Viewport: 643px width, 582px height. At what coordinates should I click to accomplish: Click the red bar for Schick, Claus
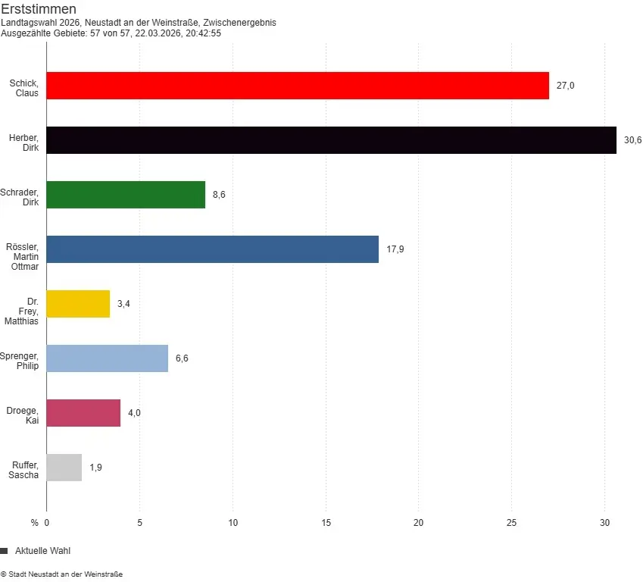click(x=298, y=86)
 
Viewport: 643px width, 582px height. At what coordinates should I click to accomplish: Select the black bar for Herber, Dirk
click(x=331, y=140)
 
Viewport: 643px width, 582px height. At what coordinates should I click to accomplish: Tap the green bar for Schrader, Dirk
click(x=126, y=195)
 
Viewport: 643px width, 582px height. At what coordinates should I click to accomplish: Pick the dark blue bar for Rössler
click(x=212, y=249)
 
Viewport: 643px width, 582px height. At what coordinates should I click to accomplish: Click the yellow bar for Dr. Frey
click(x=78, y=304)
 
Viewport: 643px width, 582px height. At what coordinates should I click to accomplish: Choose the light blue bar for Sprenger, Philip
click(x=107, y=358)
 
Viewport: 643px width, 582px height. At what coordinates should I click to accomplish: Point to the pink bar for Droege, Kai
click(x=83, y=413)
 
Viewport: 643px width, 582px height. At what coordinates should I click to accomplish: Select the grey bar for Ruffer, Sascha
click(x=64, y=468)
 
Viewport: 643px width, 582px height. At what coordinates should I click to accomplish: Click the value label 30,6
click(x=632, y=140)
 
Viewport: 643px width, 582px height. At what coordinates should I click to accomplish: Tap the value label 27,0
click(x=565, y=86)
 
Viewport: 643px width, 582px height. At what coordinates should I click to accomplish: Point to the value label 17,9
click(x=395, y=249)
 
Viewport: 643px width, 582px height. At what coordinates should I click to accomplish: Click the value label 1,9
click(x=95, y=468)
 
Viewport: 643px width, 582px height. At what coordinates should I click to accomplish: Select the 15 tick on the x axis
click(x=326, y=522)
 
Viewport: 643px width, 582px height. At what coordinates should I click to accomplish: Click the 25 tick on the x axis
click(x=511, y=522)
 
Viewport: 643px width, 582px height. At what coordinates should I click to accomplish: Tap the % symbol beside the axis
click(x=34, y=522)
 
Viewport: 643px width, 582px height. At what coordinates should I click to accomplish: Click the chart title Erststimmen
click(x=38, y=9)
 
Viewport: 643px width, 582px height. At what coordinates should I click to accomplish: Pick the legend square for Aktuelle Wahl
click(x=4, y=551)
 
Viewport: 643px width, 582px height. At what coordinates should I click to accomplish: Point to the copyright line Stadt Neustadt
click(x=61, y=574)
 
